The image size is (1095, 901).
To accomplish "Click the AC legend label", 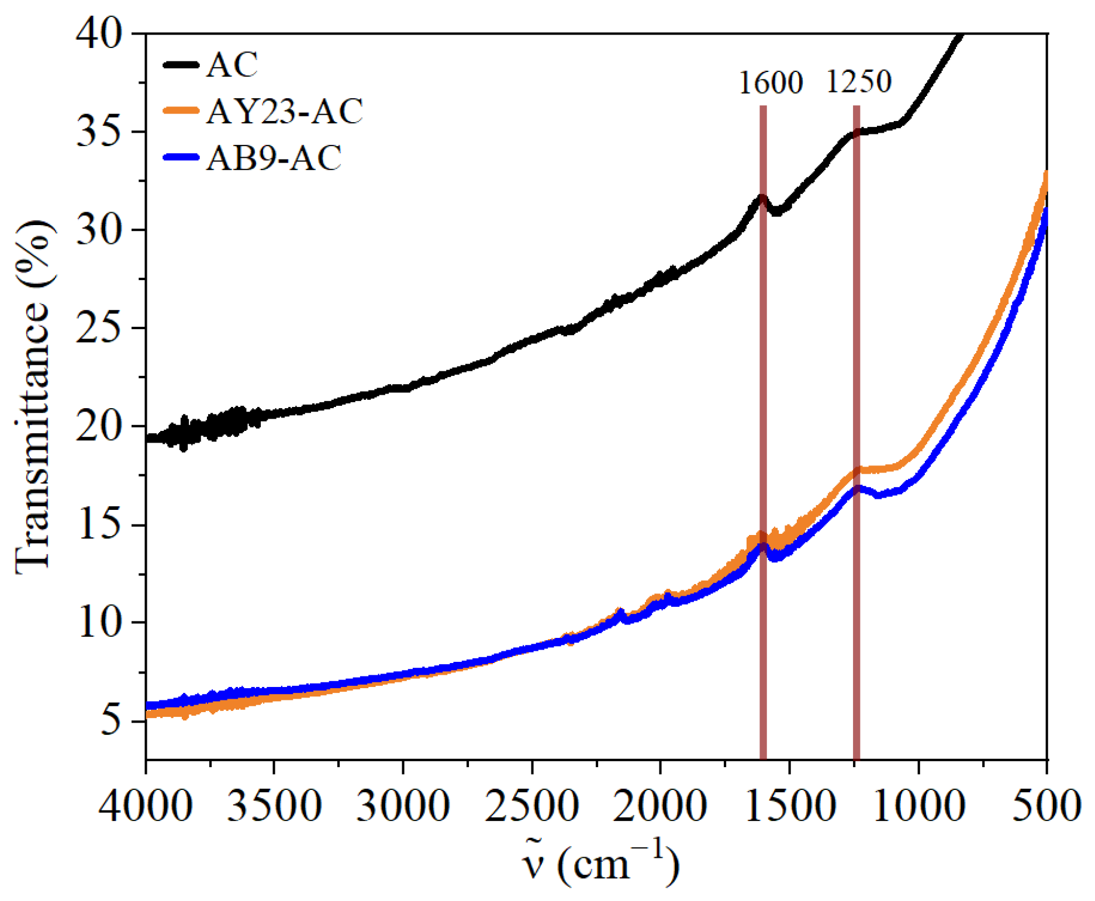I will tap(232, 65).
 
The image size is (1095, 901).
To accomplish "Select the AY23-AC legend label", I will tap(285, 111).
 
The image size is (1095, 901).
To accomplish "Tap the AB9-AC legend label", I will tap(274, 158).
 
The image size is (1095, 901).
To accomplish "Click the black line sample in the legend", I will tap(181, 65).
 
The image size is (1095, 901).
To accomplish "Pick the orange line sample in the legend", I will tap(181, 111).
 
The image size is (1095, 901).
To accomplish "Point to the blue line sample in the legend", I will tap(181, 157).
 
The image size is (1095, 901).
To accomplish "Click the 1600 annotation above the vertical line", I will tap(771, 82).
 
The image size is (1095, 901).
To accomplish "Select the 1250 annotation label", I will tap(858, 81).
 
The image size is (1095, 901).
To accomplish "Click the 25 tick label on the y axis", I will tap(99, 327).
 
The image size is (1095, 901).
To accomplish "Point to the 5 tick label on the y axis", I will tap(112, 721).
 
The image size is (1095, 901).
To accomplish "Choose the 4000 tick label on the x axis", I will tap(146, 805).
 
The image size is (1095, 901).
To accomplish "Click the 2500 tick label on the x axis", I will tap(531, 805).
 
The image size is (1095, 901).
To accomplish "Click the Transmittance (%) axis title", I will tap(33, 398).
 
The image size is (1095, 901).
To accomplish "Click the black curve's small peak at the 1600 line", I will tap(762, 198).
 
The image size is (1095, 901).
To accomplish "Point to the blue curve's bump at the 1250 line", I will tap(857, 488).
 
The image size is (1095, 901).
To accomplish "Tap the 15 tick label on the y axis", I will tap(99, 524).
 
